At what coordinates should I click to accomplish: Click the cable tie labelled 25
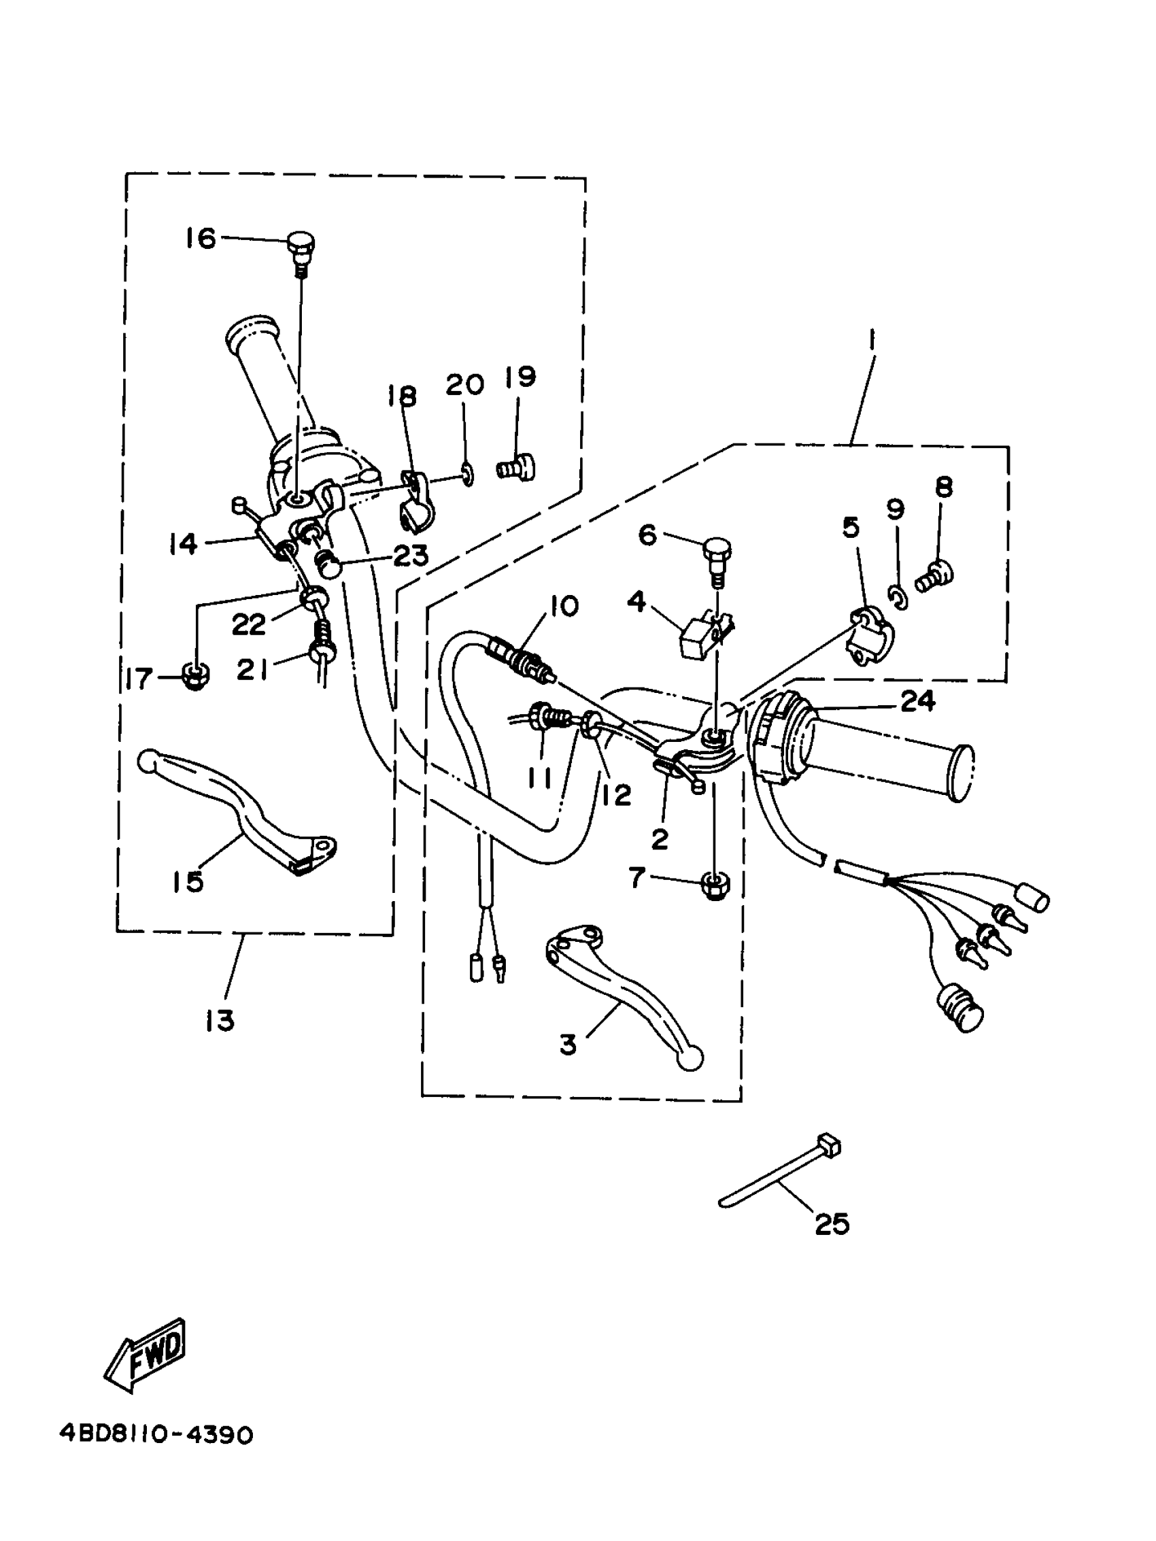[781, 1177]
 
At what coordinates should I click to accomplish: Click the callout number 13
[219, 1021]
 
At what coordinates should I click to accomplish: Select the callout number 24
[917, 701]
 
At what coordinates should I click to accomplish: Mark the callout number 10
[564, 605]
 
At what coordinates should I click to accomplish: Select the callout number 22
[248, 624]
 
